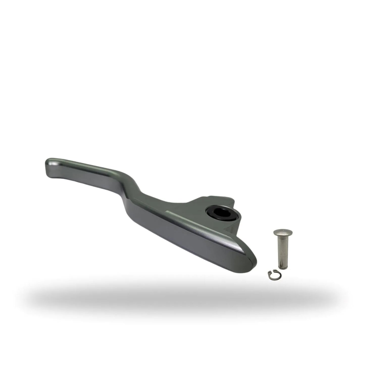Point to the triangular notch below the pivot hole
tap(231, 229)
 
